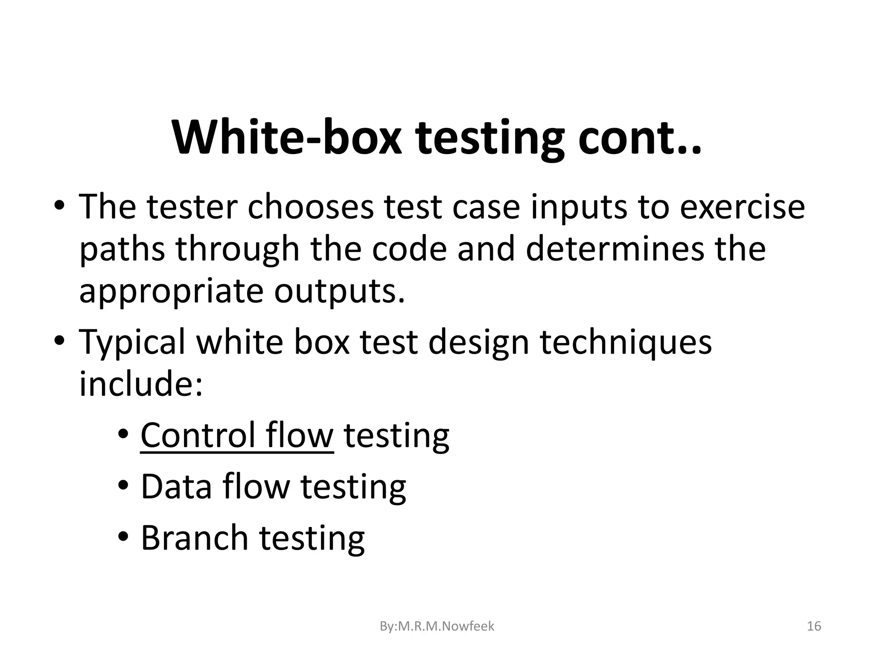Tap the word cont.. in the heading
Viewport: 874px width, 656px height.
(x=639, y=138)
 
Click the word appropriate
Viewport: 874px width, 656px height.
(x=171, y=292)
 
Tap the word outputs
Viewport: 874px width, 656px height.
(x=339, y=291)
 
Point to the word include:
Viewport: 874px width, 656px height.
(x=141, y=384)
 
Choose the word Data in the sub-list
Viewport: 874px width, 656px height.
(x=176, y=486)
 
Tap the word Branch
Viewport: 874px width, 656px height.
(x=194, y=538)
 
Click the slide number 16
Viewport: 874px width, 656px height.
(x=814, y=627)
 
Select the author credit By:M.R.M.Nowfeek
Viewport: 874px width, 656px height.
(x=437, y=627)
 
